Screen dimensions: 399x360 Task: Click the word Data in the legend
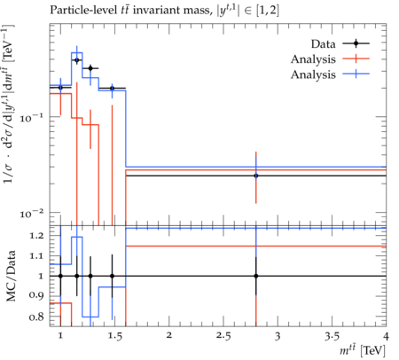coord(323,44)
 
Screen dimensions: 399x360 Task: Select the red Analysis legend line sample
coord(356,59)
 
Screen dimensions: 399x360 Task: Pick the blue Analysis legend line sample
coord(356,74)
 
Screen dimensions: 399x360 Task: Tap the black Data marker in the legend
coord(356,43)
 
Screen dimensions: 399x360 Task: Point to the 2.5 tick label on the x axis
coord(223,336)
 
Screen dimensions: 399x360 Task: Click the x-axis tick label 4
coord(386,336)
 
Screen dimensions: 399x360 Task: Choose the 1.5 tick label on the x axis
coord(114,336)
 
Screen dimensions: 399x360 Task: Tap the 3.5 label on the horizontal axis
coord(332,336)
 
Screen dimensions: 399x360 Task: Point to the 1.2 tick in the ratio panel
coord(36,236)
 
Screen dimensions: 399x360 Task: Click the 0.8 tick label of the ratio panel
coord(36,317)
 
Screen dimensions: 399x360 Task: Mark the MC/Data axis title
coord(11,276)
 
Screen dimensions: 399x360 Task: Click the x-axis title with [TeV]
coord(363,350)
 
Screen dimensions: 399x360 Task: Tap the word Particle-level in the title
coord(82,11)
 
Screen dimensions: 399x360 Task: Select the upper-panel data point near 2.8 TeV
coord(256,176)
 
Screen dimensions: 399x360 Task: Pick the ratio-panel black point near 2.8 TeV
coord(256,276)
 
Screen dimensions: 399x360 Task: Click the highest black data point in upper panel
coord(77,60)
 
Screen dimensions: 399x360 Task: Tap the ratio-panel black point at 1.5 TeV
coord(112,276)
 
